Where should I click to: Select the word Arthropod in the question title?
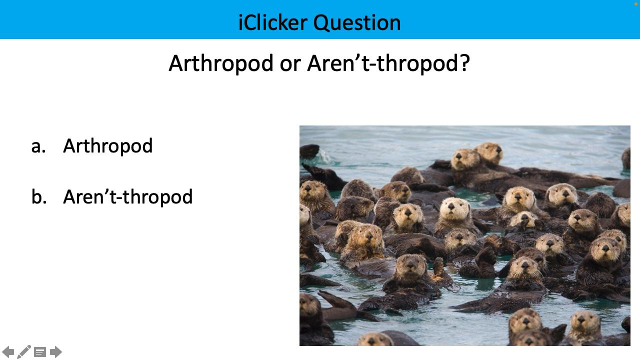click(220, 63)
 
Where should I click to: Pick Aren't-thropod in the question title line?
click(383, 63)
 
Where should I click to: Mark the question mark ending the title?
click(464, 63)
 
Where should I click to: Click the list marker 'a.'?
click(38, 146)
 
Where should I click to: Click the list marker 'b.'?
click(39, 196)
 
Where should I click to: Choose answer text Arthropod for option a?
click(107, 146)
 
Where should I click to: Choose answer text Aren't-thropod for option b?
click(127, 196)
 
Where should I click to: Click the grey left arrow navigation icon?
click(8, 352)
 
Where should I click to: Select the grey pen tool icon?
click(24, 352)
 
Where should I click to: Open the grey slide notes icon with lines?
click(40, 352)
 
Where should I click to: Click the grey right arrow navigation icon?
click(56, 352)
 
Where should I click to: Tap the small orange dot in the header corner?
click(636, 3)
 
